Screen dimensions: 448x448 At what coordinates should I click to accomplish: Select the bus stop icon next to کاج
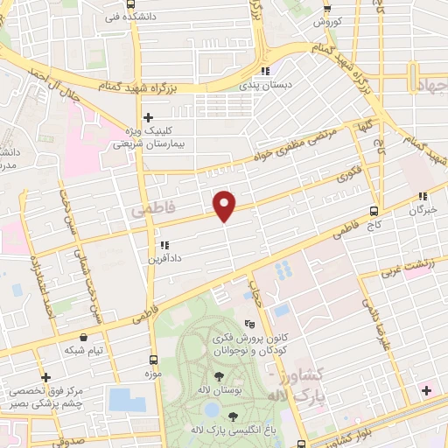point(374,211)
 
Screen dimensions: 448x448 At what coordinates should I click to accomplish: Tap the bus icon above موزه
point(154,359)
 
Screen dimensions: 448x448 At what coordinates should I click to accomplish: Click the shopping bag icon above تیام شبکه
point(82,335)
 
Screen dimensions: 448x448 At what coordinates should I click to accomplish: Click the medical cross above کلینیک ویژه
point(149,116)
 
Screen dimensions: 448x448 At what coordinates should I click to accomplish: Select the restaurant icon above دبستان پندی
point(268,72)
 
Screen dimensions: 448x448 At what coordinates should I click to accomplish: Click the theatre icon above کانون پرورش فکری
point(249,322)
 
